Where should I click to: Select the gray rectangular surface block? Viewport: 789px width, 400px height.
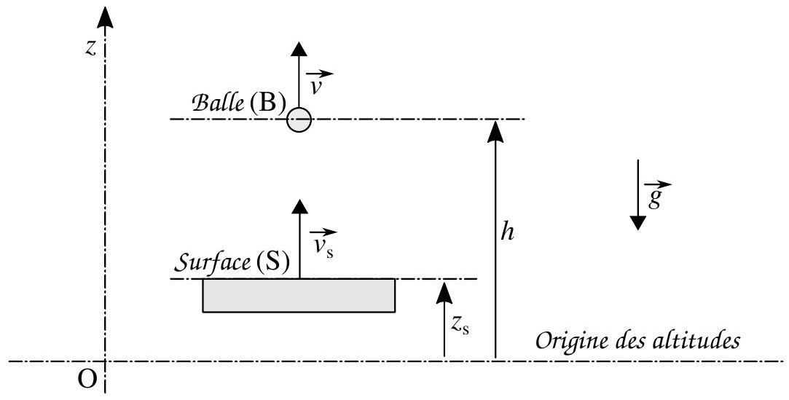click(x=299, y=295)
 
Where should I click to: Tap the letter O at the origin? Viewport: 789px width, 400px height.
click(x=87, y=380)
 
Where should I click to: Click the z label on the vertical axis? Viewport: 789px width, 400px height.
click(x=91, y=48)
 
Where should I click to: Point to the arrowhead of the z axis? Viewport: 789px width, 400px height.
click(x=105, y=18)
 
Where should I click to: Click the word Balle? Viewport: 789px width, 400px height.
click(x=217, y=103)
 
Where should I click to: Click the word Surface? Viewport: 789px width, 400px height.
click(x=212, y=262)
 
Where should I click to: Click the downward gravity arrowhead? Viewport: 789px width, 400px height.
click(x=638, y=222)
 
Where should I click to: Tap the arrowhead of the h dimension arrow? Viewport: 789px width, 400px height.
click(x=495, y=130)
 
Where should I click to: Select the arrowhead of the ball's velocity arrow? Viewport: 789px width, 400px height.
click(x=299, y=49)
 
